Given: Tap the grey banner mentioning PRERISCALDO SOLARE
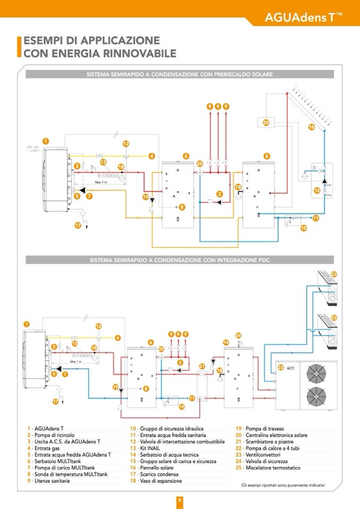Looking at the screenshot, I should (179, 75).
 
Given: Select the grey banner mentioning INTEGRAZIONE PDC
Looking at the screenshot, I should (179, 260).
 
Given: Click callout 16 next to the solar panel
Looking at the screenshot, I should (312, 127).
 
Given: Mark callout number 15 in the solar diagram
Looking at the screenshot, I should (317, 190).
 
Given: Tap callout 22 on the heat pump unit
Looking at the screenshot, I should (281, 367).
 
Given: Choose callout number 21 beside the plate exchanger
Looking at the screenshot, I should (202, 366).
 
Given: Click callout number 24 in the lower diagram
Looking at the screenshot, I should (238, 335).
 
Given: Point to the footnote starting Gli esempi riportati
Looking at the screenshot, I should (282, 485).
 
